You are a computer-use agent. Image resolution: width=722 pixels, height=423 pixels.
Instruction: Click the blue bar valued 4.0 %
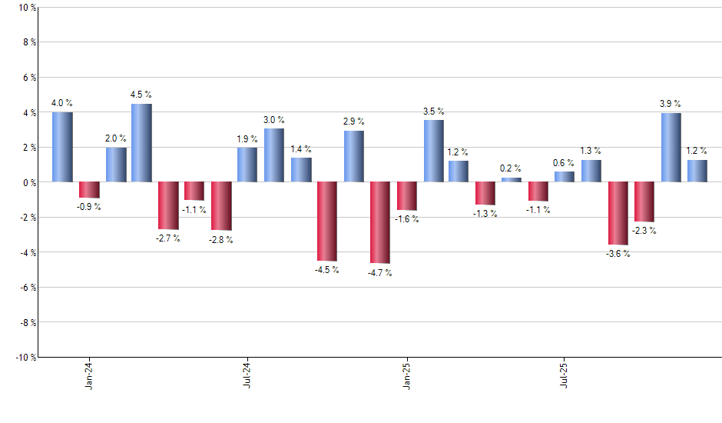coord(62,147)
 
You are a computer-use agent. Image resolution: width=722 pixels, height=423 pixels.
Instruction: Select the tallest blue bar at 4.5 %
coord(141,142)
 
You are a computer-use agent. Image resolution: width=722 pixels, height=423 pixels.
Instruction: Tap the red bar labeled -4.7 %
coord(380,222)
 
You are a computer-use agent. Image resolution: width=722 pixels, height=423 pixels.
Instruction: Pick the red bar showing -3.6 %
coord(618,213)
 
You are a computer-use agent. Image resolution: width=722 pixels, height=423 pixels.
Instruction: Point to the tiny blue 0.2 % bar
coord(512,180)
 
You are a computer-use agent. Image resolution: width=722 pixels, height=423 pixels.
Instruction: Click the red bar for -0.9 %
coord(89,190)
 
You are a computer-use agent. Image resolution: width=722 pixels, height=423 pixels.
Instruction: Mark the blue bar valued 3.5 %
coord(433,151)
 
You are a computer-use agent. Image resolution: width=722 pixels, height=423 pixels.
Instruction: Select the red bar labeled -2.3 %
coord(644,202)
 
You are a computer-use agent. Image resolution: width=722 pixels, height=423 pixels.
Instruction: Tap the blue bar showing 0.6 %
coord(565,177)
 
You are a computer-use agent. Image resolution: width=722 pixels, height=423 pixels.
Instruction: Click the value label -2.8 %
coord(221,240)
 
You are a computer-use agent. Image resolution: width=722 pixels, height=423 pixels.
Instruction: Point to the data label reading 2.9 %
coord(354,122)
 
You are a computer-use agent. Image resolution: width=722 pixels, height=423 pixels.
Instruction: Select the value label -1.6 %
coord(407,220)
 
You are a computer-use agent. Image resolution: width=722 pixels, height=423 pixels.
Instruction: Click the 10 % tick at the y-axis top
coord(26,8)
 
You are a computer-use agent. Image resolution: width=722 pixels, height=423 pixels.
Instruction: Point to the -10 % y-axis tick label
coord(25,357)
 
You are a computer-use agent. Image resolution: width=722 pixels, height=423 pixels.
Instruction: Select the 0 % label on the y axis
coord(28,182)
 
